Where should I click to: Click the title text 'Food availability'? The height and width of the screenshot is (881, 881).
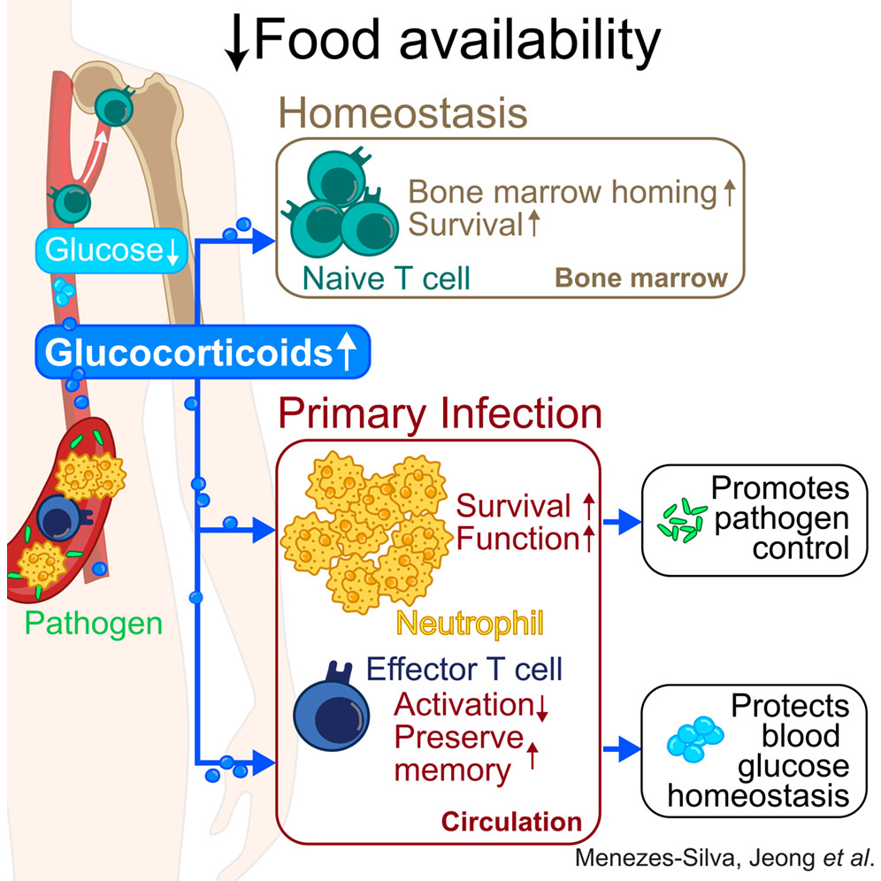point(456,40)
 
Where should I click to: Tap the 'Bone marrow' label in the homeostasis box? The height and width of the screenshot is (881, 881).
point(640,278)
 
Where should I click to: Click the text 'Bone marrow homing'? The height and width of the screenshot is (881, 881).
point(563,193)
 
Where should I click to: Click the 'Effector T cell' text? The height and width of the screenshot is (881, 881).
point(465,669)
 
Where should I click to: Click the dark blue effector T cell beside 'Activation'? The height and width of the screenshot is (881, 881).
point(326,713)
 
